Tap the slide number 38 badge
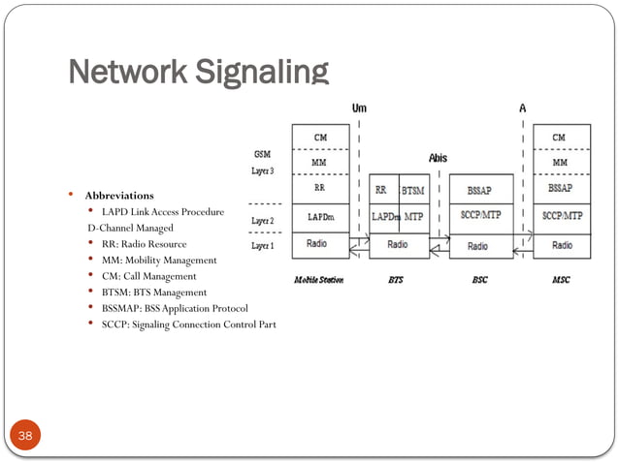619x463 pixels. pos(25,438)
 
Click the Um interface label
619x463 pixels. pos(360,108)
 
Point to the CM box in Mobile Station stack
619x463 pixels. pos(319,137)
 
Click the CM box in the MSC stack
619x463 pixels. pos(560,137)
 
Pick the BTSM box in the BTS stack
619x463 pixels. pos(413,191)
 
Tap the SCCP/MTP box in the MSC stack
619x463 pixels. pos(562,216)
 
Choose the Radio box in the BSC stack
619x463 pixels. pos(477,246)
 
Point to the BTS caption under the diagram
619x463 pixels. pos(396,281)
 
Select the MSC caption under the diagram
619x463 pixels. pos(561,281)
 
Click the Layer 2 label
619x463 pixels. pos(262,221)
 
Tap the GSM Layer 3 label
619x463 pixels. pos(262,161)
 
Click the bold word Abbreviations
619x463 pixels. pos(117,196)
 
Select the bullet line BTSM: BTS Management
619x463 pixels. pos(153,292)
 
